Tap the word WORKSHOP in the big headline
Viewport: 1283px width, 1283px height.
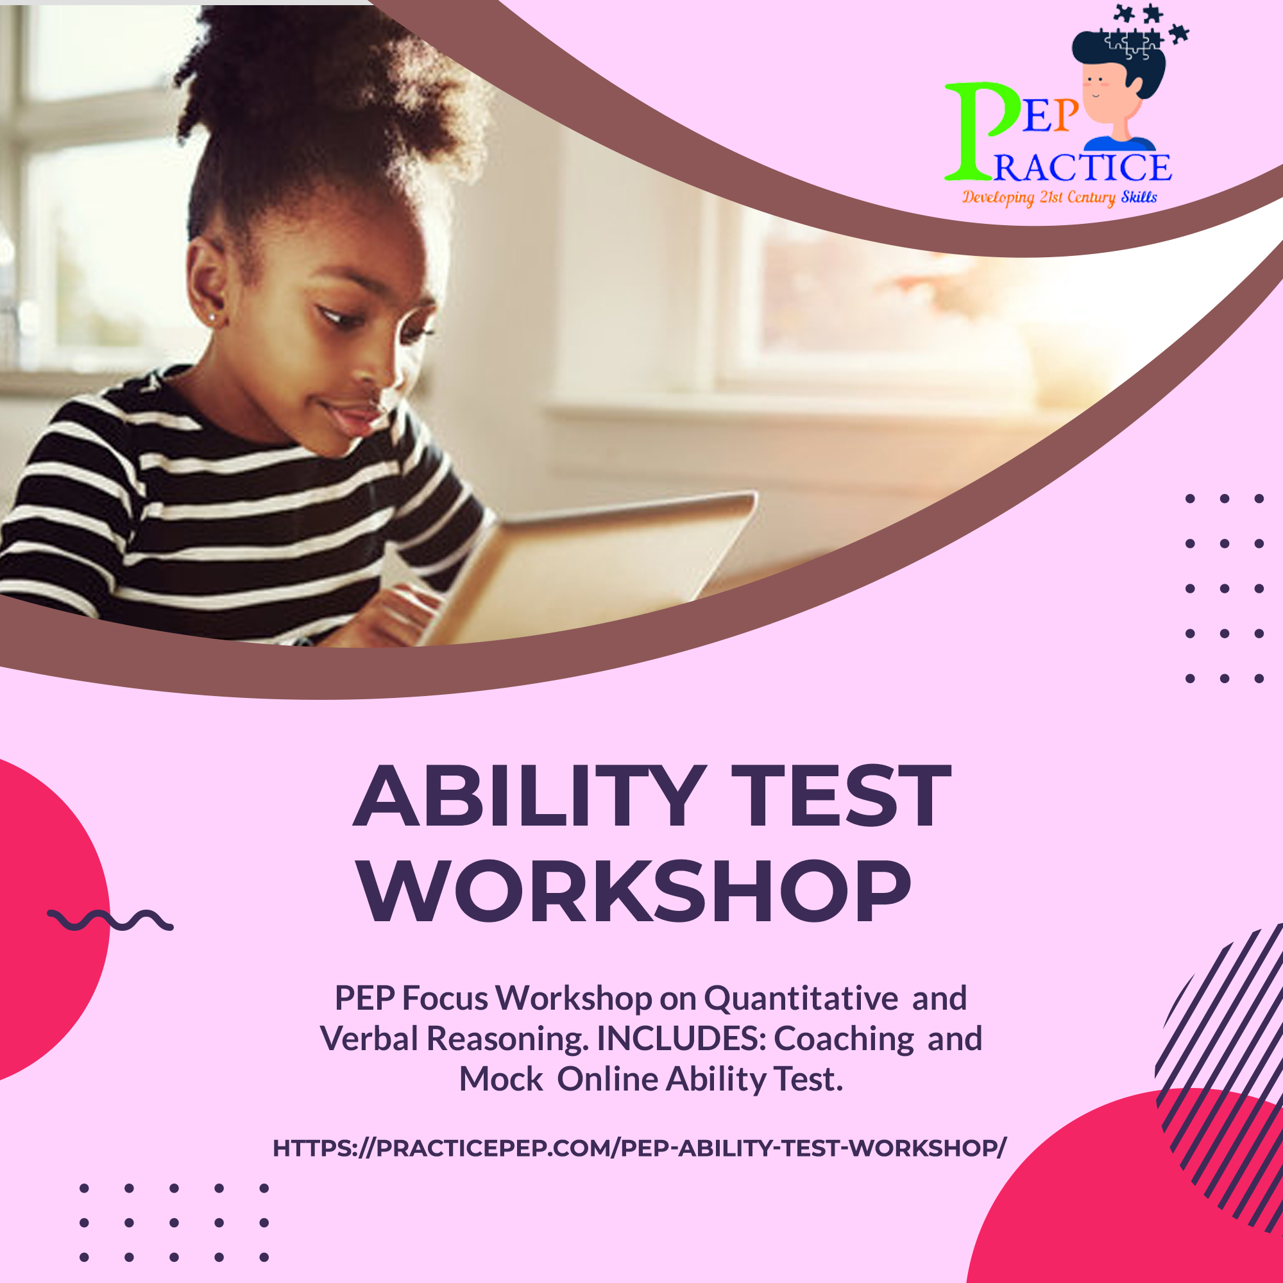point(635,891)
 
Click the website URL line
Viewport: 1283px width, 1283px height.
point(640,1148)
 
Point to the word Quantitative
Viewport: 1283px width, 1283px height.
point(801,998)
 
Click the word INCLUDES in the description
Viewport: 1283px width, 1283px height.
point(680,1039)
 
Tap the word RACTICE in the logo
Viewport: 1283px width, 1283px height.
point(1083,167)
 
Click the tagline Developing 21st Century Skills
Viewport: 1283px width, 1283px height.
point(1060,197)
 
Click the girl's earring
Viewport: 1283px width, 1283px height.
point(212,318)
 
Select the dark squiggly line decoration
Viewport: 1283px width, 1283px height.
point(110,921)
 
